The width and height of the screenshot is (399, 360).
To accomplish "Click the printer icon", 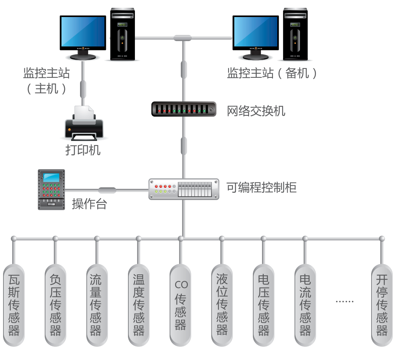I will pyautogui.click(x=84, y=123).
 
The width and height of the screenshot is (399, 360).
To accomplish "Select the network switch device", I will pyautogui.click(x=184, y=109).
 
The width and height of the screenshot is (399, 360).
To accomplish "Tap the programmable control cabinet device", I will pyautogui.click(x=184, y=189).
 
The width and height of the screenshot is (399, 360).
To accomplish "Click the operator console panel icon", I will pyautogui.click(x=51, y=189).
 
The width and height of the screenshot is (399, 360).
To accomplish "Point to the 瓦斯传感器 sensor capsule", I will pyautogui.click(x=14, y=305).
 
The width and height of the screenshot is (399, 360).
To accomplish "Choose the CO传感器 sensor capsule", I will pyautogui.click(x=181, y=305).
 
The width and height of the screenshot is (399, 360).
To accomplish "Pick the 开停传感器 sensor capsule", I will pyautogui.click(x=382, y=305).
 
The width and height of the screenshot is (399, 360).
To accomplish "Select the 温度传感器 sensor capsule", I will pyautogui.click(x=139, y=305).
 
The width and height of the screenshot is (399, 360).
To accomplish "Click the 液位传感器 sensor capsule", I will pyautogui.click(x=222, y=305).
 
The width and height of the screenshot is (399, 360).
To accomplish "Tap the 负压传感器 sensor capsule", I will pyautogui.click(x=56, y=305).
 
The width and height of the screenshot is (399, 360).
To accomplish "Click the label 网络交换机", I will pyautogui.click(x=256, y=111).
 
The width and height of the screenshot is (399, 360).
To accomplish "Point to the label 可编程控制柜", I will pyautogui.click(x=261, y=188).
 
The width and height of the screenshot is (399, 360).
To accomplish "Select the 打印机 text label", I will pyautogui.click(x=83, y=150).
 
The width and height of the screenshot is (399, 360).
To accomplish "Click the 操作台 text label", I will pyautogui.click(x=89, y=204).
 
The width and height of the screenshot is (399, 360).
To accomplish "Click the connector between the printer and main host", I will pyautogui.click(x=83, y=89).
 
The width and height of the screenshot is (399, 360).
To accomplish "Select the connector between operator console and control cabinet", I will pyautogui.click(x=107, y=190).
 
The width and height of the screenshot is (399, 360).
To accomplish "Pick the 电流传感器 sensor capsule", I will pyautogui.click(x=305, y=305).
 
